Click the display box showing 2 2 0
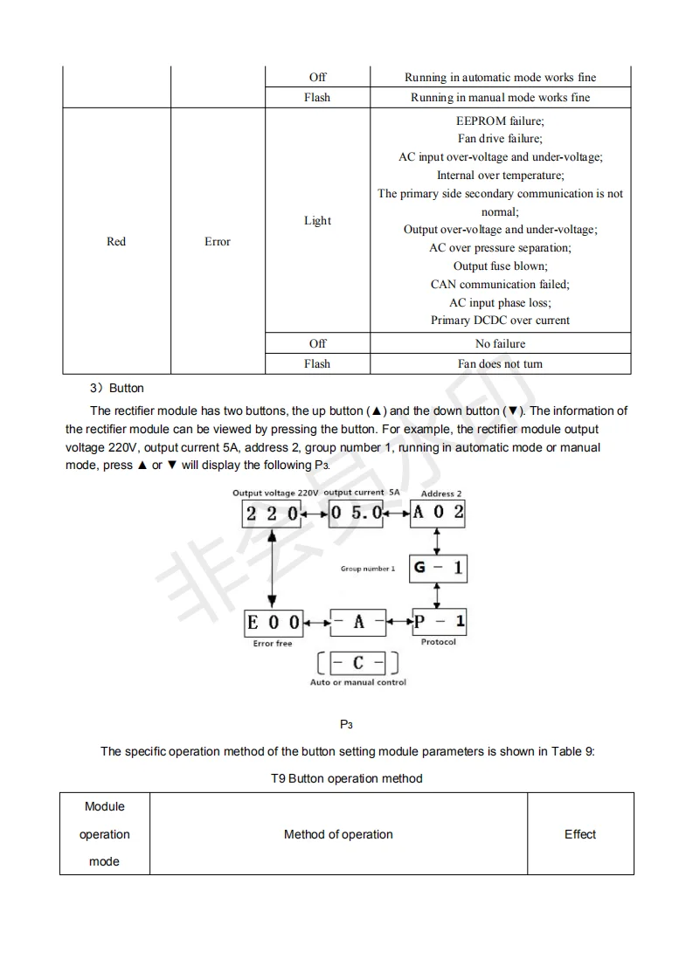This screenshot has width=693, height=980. (271, 513)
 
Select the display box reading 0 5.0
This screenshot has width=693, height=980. (356, 513)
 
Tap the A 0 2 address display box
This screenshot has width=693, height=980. (438, 513)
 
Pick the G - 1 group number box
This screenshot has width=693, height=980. (438, 569)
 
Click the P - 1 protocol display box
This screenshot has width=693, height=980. (439, 622)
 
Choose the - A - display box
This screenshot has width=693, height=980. (357, 623)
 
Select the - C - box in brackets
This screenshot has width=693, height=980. (357, 664)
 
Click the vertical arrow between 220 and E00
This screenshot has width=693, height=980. (274, 568)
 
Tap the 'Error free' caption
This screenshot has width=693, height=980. (273, 644)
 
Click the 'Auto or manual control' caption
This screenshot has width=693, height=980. (358, 682)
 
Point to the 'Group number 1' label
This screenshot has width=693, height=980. (368, 569)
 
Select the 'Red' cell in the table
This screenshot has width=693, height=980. (116, 242)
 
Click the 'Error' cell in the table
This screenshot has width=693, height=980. (218, 242)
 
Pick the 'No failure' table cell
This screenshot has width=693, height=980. (500, 343)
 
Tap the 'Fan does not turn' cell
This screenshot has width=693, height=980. (500, 364)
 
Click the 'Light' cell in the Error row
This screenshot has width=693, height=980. (317, 221)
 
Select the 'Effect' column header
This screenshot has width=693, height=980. (580, 834)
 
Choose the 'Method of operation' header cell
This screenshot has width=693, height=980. (338, 834)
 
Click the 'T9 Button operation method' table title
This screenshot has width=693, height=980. (347, 778)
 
